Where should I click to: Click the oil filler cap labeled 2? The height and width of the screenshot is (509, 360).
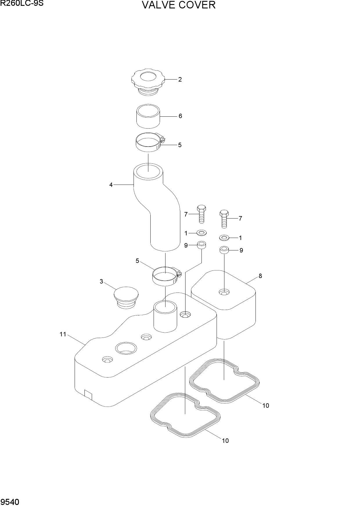coord(148,82)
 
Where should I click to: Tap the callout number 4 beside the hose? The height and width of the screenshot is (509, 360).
coord(111,185)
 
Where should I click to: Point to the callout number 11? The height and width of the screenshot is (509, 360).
coord(63,334)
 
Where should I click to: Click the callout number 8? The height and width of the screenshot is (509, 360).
coord(260,276)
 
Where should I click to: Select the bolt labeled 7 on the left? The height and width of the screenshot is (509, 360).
coord(202,214)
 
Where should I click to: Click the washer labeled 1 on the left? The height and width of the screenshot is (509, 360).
coord(202,232)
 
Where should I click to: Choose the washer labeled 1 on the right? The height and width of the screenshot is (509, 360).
coord(224,238)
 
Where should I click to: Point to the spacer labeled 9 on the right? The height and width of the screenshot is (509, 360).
coord(224,250)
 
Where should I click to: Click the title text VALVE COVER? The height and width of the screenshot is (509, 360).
coord(179,5)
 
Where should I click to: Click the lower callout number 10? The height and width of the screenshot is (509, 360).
coord(225,441)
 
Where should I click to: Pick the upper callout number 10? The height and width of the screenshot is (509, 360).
coord(266,406)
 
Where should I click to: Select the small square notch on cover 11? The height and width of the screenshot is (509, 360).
coord(88,395)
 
